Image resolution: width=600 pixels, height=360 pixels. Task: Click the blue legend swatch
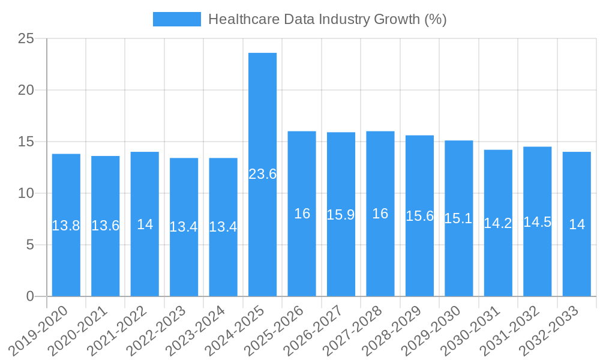(x=176, y=19)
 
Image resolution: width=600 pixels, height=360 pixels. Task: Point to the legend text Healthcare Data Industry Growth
(x=327, y=19)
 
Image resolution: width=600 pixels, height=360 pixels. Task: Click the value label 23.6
(x=262, y=174)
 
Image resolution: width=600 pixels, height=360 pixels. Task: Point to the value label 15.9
(x=341, y=215)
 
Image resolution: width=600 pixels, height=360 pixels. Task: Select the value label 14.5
(x=537, y=222)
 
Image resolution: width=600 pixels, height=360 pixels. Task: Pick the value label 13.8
(x=66, y=226)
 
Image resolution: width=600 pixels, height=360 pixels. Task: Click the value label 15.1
(x=458, y=218)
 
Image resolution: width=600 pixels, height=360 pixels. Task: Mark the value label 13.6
(x=105, y=226)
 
